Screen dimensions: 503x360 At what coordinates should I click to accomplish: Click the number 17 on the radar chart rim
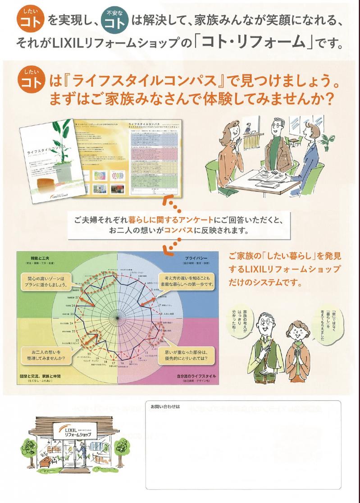click(114, 363)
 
